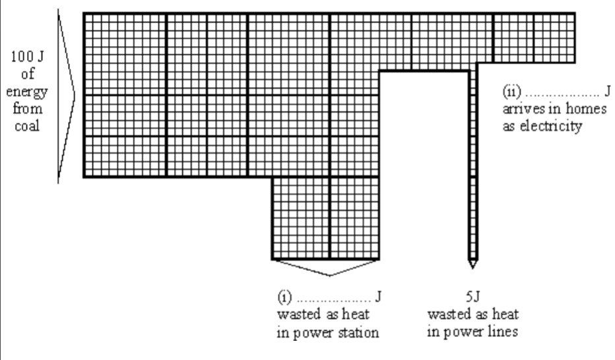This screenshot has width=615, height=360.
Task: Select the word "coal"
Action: click(28, 125)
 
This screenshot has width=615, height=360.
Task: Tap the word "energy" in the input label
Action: click(28, 91)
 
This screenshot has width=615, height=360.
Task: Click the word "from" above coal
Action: click(28, 108)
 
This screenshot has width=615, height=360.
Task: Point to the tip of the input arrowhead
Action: click(75, 96)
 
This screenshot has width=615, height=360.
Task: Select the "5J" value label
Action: click(472, 297)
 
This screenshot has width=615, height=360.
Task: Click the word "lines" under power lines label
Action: click(503, 331)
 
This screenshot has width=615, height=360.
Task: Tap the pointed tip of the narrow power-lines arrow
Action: click(472, 267)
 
